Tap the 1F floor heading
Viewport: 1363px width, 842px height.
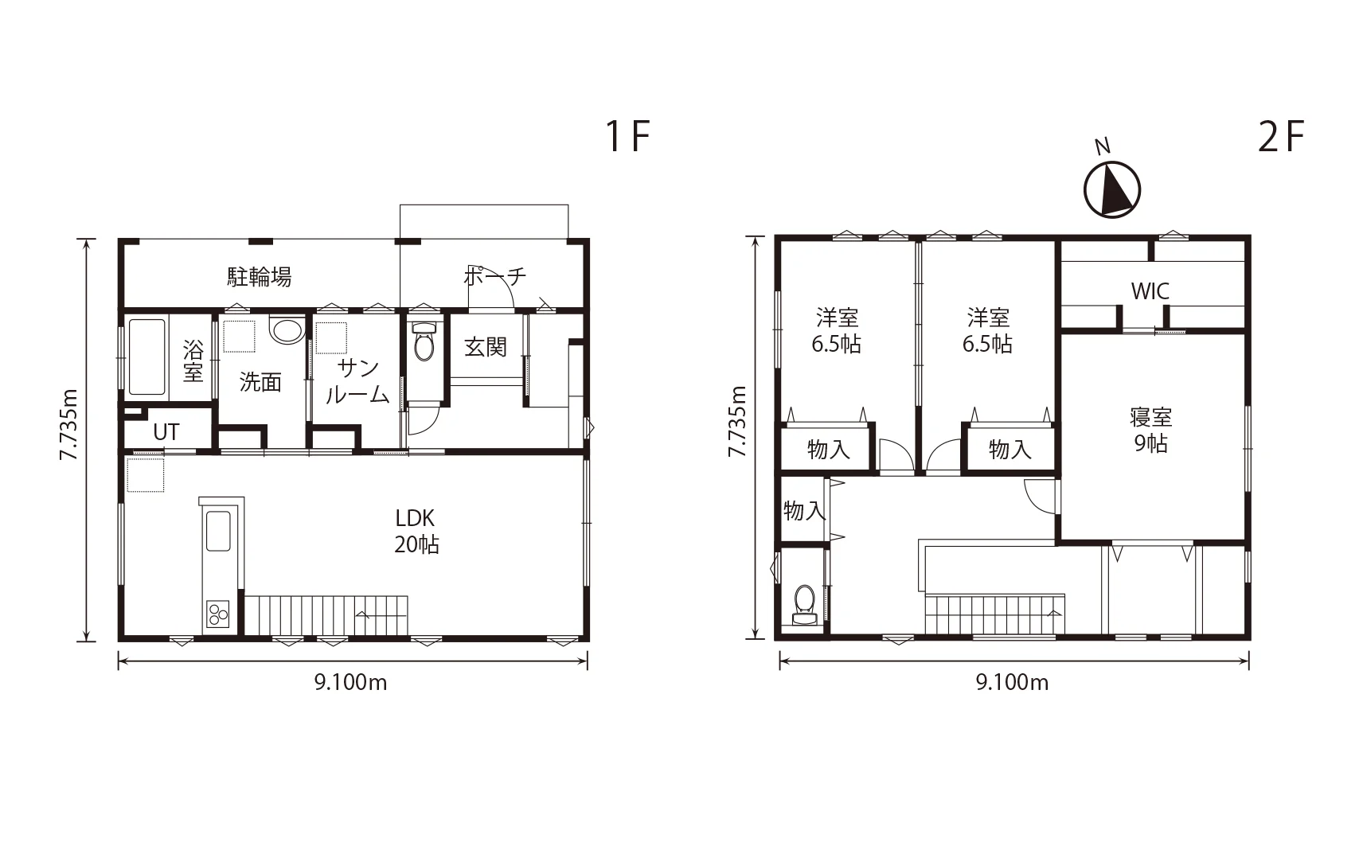pos(628,136)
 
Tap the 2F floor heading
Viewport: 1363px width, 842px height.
pos(1281,136)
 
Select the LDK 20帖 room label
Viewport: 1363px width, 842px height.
pos(416,531)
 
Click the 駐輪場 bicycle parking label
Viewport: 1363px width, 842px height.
pos(260,277)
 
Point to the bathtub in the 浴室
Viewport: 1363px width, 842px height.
pos(146,357)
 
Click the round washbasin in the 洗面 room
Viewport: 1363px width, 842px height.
pos(287,331)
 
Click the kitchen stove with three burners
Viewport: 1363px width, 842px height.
pos(218,614)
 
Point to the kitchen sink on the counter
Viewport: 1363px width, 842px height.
pos(218,531)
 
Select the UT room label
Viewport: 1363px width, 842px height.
pos(166,433)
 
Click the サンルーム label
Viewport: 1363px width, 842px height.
pos(357,381)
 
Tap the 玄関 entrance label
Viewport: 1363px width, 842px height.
pos(486,347)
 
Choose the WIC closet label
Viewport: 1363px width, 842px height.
pos(1150,291)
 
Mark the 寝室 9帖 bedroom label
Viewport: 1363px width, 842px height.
pos(1150,430)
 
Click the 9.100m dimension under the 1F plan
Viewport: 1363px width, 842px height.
pos(350,683)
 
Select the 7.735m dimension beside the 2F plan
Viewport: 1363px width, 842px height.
pos(737,421)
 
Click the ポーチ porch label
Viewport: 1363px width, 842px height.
pos(494,276)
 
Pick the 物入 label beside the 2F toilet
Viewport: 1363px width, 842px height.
pos(804,510)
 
